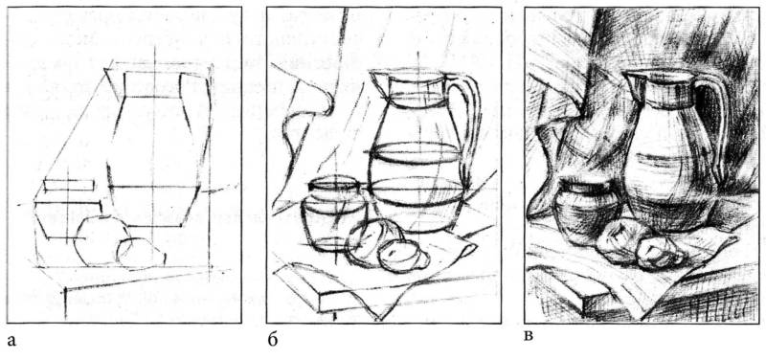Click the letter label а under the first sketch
pos(11,341)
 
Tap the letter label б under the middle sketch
pos(273,340)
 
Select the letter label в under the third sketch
pos(529,338)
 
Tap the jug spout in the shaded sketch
pos(629,79)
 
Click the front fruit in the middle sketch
pos(403,256)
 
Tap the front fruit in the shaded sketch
pos(658,253)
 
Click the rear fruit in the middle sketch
pos(372,241)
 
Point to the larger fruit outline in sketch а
pos(101,241)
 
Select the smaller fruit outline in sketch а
pos(141,253)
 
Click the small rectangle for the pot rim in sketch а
pos(69,186)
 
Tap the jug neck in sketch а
pos(153,84)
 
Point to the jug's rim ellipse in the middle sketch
pos(408,75)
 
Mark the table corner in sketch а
pos(65,291)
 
